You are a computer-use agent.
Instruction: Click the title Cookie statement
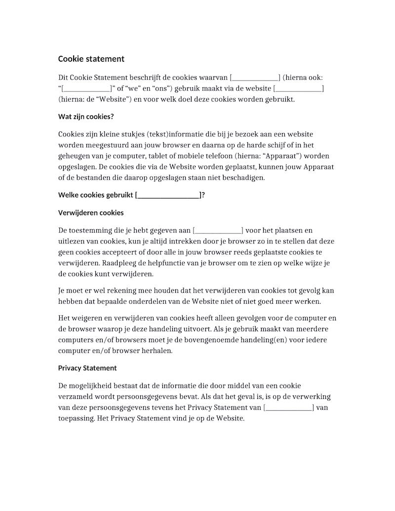(x=91, y=59)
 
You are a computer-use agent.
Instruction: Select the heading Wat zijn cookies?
(x=86, y=117)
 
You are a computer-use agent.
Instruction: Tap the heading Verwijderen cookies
(x=91, y=213)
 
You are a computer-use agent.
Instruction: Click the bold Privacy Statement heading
(x=87, y=368)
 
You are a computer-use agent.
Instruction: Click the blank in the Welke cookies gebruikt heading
(x=168, y=195)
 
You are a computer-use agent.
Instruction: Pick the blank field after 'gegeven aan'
(x=218, y=231)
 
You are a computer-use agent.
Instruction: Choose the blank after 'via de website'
(x=298, y=88)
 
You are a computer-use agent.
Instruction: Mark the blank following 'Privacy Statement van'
(x=289, y=408)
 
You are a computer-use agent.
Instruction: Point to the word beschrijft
(x=147, y=78)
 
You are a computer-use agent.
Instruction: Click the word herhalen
(x=158, y=351)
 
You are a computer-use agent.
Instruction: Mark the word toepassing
(x=77, y=419)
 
